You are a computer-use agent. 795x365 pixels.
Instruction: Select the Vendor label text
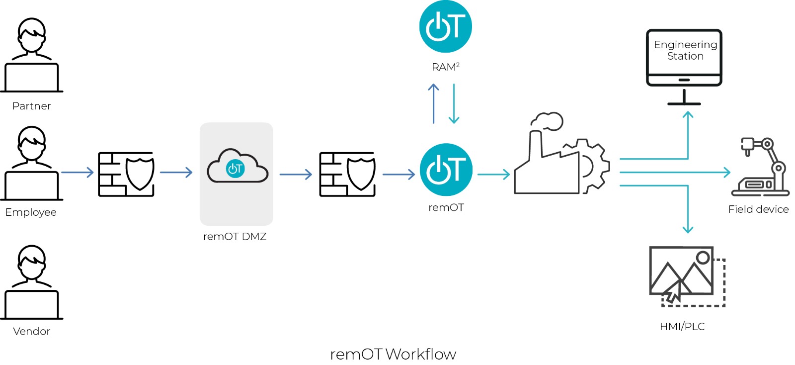[31, 331]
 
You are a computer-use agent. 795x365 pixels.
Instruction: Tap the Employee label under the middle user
[31, 212]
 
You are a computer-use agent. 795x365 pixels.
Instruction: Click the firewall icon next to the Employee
[126, 174]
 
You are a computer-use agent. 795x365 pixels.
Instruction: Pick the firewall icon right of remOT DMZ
[347, 174]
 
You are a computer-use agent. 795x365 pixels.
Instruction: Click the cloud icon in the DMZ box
[237, 167]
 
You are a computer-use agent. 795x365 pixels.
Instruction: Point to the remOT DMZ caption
[235, 237]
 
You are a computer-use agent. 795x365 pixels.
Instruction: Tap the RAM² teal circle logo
[445, 27]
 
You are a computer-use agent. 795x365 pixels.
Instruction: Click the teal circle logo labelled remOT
[446, 170]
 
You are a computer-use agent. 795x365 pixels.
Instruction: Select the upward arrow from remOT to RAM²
[433, 103]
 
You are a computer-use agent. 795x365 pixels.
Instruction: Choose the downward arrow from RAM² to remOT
[454, 103]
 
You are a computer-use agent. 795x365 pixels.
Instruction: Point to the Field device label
[758, 209]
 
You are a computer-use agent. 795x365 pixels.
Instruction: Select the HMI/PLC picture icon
[686, 276]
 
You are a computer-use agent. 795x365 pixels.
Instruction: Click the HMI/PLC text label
[682, 327]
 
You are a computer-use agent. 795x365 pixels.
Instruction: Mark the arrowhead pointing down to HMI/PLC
[688, 229]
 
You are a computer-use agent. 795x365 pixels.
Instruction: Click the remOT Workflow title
[393, 354]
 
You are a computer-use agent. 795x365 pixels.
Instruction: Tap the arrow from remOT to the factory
[493, 174]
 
